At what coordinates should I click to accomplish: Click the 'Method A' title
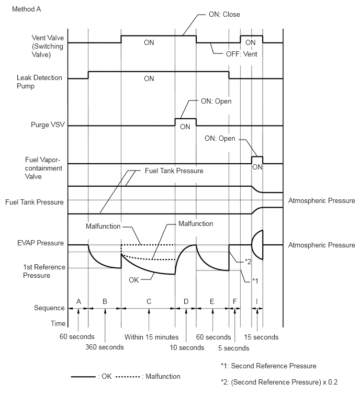[27, 9]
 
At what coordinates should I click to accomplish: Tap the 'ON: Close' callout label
[224, 15]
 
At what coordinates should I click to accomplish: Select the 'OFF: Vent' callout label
[241, 54]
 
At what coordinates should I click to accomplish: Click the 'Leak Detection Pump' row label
[39, 82]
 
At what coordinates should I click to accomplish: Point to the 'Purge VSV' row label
[48, 125]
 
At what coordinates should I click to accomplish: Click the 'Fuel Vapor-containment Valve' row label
[43, 168]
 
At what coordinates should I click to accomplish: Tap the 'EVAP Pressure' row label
[41, 243]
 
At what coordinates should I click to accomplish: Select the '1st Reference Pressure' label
[44, 271]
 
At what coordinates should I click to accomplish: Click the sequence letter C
[149, 301]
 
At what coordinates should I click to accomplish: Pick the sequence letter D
[186, 301]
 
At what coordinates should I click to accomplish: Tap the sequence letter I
[257, 301]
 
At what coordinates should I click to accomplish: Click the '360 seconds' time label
[105, 347]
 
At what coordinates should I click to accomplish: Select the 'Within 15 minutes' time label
[151, 337]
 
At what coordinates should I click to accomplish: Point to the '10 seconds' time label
[187, 347]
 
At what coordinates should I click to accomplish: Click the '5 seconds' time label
[233, 348]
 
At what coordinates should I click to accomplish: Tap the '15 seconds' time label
[261, 337]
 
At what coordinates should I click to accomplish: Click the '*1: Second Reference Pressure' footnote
[268, 366]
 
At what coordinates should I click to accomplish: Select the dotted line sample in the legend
[128, 377]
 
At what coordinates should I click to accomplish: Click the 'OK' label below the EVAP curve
[134, 280]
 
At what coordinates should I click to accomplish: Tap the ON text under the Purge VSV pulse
[185, 127]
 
